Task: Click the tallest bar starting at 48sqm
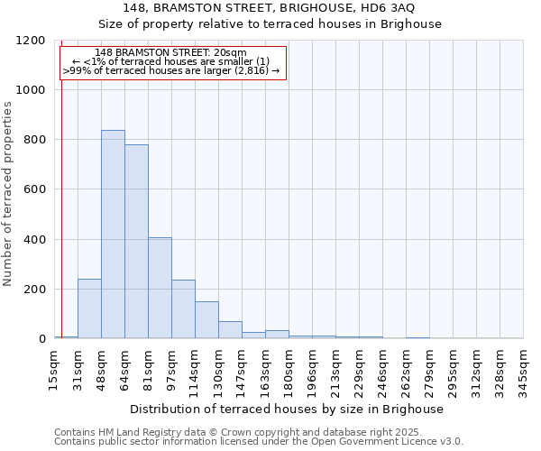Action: pos(113,235)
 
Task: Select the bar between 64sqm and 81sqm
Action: pos(136,242)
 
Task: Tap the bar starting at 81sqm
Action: pos(160,288)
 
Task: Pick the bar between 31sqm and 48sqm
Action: pos(89,308)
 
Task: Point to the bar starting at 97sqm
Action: pos(183,309)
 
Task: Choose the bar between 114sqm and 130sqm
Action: pos(206,320)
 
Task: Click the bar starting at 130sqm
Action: pos(230,330)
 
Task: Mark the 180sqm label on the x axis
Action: pos(289,370)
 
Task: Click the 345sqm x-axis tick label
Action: pos(524,370)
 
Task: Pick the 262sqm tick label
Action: pos(406,370)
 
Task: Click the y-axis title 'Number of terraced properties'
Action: pos(8,194)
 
